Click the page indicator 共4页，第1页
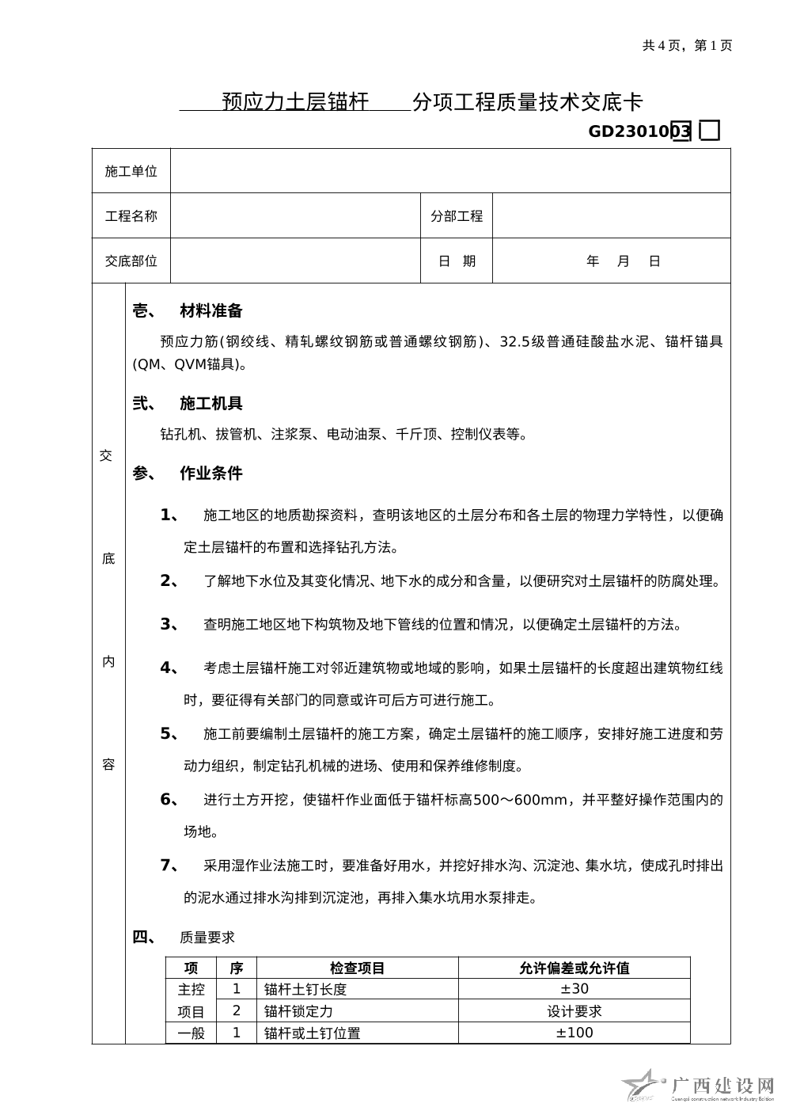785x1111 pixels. [x=687, y=45]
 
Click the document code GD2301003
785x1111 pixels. [x=639, y=131]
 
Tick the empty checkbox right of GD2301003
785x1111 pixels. [x=710, y=131]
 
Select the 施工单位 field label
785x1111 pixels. [x=131, y=171]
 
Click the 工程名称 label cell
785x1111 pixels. [x=131, y=216]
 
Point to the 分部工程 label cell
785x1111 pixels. [x=457, y=216]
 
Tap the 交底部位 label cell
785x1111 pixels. [x=131, y=261]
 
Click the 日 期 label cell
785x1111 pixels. [x=457, y=261]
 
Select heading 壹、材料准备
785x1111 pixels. [x=188, y=311]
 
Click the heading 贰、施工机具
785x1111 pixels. [x=188, y=404]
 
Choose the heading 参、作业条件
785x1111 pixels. [x=188, y=474]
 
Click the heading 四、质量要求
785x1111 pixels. [x=184, y=938]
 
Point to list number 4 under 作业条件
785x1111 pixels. [x=169, y=668]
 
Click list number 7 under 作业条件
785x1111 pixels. [x=169, y=866]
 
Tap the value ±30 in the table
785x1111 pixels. [x=574, y=989]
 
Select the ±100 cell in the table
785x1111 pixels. [x=574, y=1033]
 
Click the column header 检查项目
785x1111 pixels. [x=357, y=968]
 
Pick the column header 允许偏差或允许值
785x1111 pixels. [x=574, y=968]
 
